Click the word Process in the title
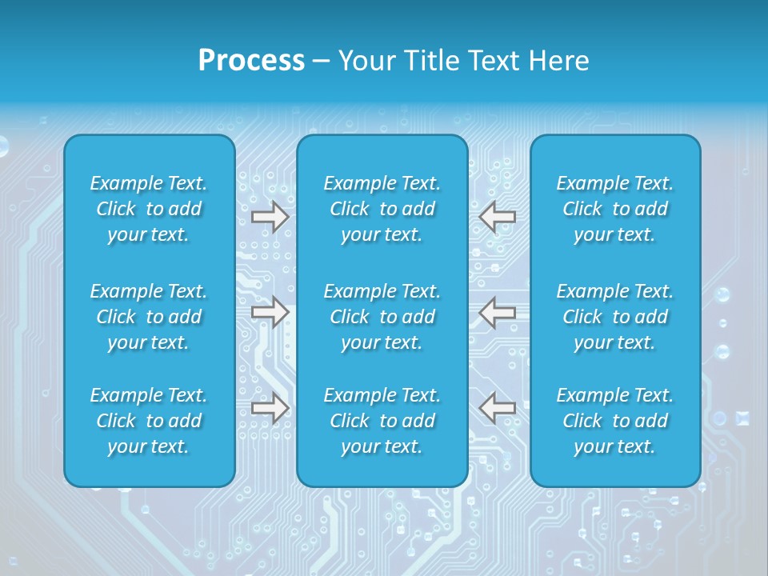[251, 61]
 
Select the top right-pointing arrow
[270, 217]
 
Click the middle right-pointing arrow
[270, 312]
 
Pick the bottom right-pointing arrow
[270, 408]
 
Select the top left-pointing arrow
[498, 217]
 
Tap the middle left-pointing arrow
[498, 312]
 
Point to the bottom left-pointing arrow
[498, 408]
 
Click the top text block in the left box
[149, 209]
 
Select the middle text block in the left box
[149, 317]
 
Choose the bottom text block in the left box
[149, 421]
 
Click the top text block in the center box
[382, 209]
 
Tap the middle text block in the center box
[382, 317]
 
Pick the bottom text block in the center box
[382, 421]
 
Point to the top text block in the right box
[615, 209]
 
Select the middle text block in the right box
[615, 317]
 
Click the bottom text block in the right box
[615, 421]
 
